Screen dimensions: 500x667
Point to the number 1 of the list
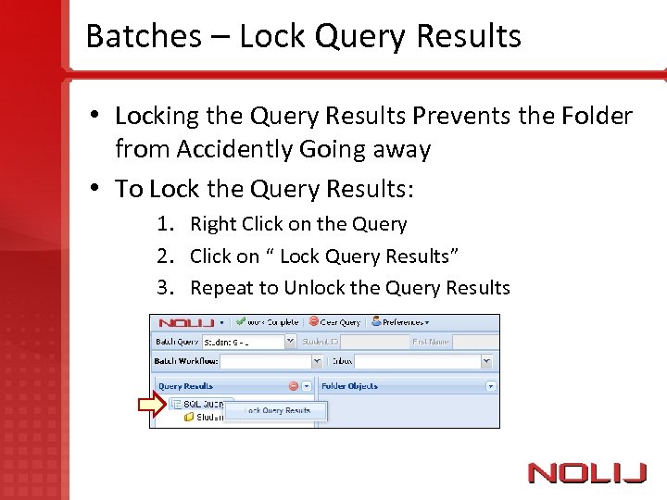[x=163, y=224]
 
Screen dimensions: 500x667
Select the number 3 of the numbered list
[x=163, y=288]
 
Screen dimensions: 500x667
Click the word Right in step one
[x=213, y=224]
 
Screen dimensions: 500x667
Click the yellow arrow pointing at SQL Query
[x=152, y=404]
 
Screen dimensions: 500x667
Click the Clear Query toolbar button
[x=334, y=322]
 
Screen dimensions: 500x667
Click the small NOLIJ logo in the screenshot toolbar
[x=186, y=323]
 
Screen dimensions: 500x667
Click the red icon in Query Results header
[x=293, y=386]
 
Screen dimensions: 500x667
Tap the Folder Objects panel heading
[x=349, y=386]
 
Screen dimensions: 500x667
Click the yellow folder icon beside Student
[x=189, y=418]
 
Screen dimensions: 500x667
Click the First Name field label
[x=430, y=341]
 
